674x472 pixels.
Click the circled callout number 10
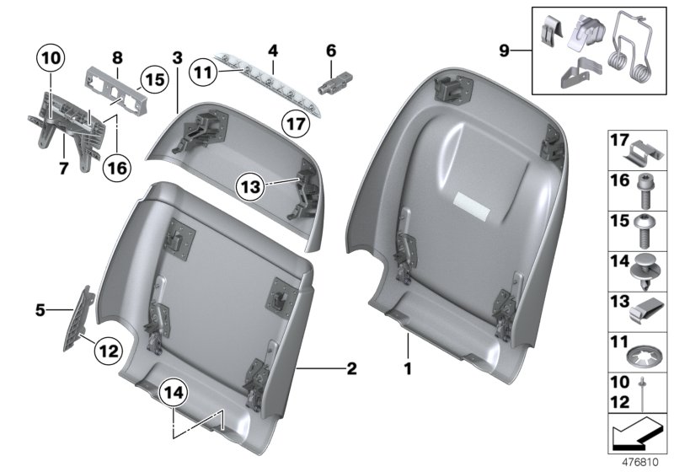50,58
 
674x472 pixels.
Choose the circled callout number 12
110,347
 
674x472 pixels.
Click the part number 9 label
505,51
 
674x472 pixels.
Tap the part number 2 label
351,368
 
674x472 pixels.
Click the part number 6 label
330,51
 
